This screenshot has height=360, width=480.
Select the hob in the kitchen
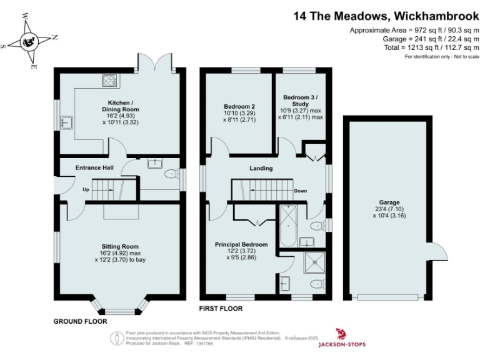pos(109,80)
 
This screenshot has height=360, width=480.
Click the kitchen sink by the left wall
pos(66,122)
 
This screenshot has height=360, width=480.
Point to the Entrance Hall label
pos(94,168)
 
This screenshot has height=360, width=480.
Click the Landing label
pos(261,168)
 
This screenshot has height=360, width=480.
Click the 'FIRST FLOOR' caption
pos(221,309)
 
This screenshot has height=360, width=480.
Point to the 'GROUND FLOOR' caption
pos(80,321)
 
